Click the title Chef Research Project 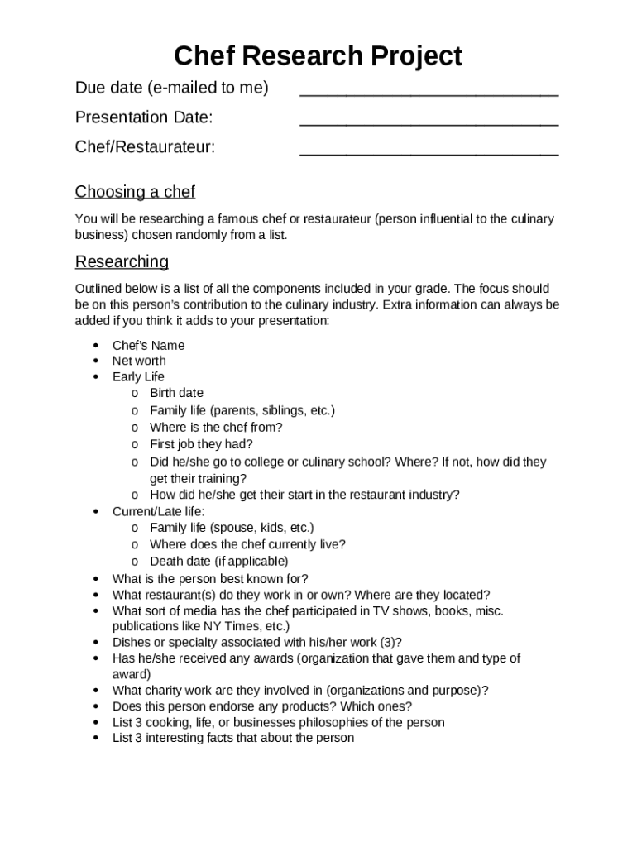pyautogui.click(x=318, y=56)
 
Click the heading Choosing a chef pyautogui.click(x=135, y=192)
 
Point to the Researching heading pyautogui.click(x=122, y=261)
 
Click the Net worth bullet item pyautogui.click(x=139, y=361)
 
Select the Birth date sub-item pyautogui.click(x=176, y=393)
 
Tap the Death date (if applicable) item pyautogui.click(x=218, y=561)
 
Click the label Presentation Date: pyautogui.click(x=144, y=117)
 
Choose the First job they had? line pyautogui.click(x=201, y=444)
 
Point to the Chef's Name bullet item pyautogui.click(x=148, y=345)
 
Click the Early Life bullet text pyautogui.click(x=138, y=377)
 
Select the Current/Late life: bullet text pyautogui.click(x=158, y=511)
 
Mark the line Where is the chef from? pyautogui.click(x=215, y=428)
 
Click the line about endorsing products pyautogui.click(x=261, y=706)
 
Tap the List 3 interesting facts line pyautogui.click(x=232, y=738)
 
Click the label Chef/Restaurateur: pyautogui.click(x=145, y=147)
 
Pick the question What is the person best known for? pyautogui.click(x=210, y=579)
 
